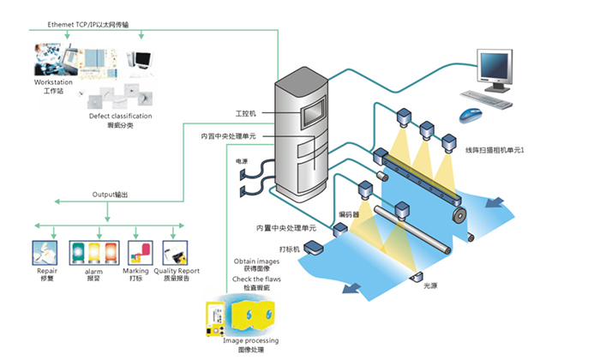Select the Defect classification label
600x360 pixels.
pyautogui.click(x=121, y=116)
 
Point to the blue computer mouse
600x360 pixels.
pyautogui.click(x=468, y=115)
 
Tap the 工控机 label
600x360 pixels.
pyautogui.click(x=246, y=113)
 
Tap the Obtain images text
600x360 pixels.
pyautogui.click(x=256, y=261)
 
